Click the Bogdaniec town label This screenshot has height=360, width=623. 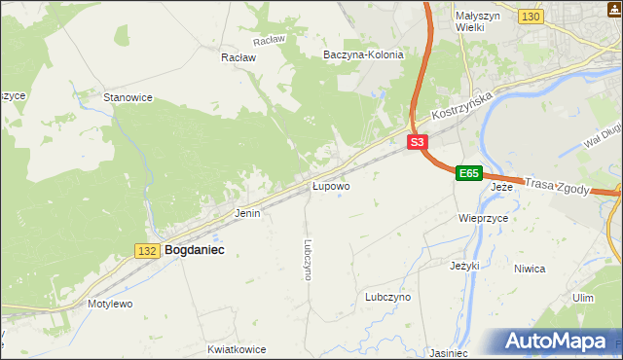[x=195, y=250]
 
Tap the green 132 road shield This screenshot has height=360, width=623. [x=148, y=251]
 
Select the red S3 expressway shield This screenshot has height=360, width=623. [x=417, y=142]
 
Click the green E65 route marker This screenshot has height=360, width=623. [x=469, y=173]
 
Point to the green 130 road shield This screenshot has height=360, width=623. [x=531, y=17]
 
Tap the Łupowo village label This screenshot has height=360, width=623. [x=331, y=185]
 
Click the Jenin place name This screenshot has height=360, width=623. [x=247, y=212]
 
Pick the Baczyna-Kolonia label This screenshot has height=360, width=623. [x=363, y=54]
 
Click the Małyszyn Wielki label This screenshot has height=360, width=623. [x=477, y=22]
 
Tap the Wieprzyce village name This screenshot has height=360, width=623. [x=483, y=219]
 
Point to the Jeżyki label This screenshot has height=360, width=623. [x=465, y=265]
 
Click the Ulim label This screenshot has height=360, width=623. [x=583, y=298]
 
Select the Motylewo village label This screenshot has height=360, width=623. [x=110, y=304]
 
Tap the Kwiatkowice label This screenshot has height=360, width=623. [x=237, y=347]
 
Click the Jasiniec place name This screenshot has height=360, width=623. [x=449, y=352]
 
